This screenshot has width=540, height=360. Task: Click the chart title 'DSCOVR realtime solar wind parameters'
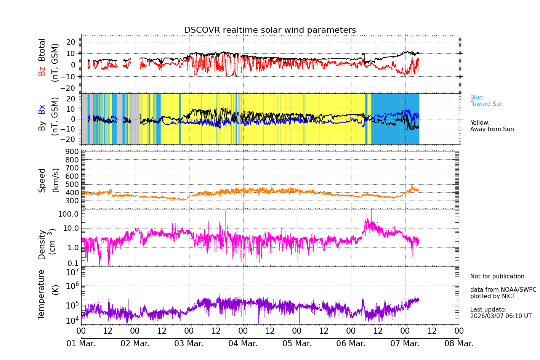[x=270, y=30]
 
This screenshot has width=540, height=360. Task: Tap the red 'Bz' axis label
[x=42, y=71]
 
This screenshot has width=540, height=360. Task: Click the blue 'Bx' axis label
[x=42, y=109]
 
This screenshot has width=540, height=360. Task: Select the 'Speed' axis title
[x=42, y=180]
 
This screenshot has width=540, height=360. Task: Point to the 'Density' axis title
[x=42, y=244]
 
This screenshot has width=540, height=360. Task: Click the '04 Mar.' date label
[x=243, y=344]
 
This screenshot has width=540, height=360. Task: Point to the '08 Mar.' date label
[x=459, y=344]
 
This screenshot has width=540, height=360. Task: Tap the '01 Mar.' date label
[x=81, y=344]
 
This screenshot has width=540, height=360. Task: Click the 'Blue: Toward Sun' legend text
[x=487, y=101]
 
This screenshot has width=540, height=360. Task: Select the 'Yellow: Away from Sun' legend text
[x=492, y=126]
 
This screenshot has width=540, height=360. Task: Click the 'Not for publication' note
[x=497, y=276]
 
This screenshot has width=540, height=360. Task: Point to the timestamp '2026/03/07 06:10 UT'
[x=501, y=316]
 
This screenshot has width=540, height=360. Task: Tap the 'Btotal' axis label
[x=42, y=50]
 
